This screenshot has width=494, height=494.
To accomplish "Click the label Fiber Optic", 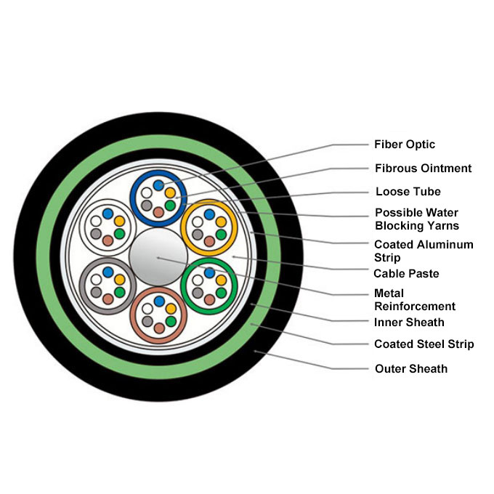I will tap(405, 145).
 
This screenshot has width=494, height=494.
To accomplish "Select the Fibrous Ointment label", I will tap(423, 169).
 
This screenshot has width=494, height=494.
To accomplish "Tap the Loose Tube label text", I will tap(408, 192).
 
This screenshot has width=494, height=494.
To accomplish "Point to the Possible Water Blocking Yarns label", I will tap(416, 219).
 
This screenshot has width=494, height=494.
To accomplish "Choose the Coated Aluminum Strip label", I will tap(423, 251).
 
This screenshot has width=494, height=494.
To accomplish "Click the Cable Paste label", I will tap(406, 274).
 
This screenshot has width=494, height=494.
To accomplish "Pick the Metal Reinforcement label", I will tap(414, 299).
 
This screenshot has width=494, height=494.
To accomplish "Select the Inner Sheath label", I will tap(409, 322).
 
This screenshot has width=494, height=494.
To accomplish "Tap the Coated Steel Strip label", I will tap(424, 344).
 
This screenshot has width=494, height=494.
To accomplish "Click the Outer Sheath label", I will tap(410, 368).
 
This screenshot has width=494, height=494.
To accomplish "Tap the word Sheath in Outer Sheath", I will tap(428, 368).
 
